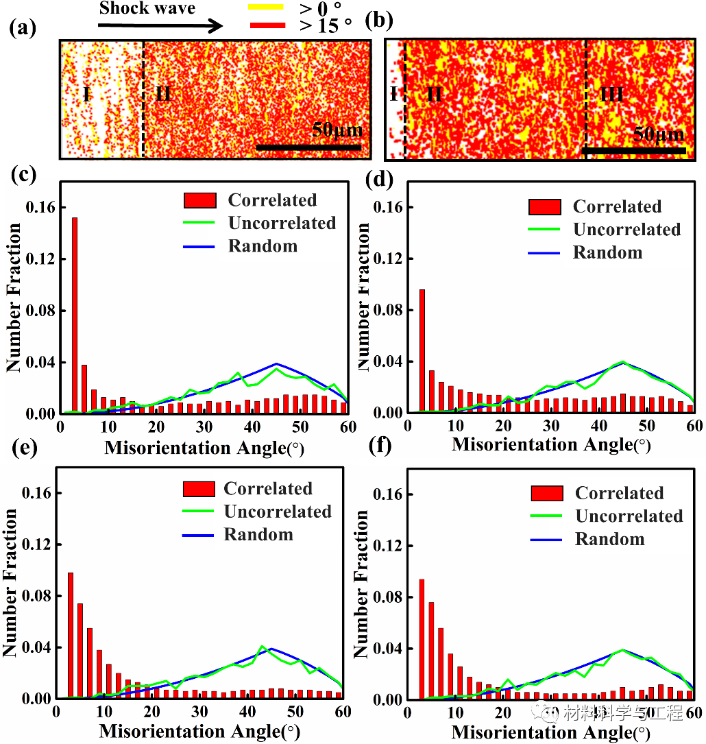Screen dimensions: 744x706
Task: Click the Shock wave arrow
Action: [160, 26]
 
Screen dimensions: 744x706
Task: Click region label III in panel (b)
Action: [611, 93]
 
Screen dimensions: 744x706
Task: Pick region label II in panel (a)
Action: [163, 93]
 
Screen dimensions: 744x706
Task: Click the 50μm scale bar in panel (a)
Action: [308, 147]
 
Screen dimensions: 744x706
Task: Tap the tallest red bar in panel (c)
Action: [74, 315]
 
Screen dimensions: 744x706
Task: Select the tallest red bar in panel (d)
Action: [422, 350]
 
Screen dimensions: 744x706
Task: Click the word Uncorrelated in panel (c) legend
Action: [282, 224]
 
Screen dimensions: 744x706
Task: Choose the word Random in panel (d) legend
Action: [607, 253]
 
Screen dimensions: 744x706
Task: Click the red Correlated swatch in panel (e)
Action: [199, 489]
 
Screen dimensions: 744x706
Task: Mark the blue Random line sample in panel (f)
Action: [546, 540]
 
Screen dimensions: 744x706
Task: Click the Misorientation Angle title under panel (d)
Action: [550, 444]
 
